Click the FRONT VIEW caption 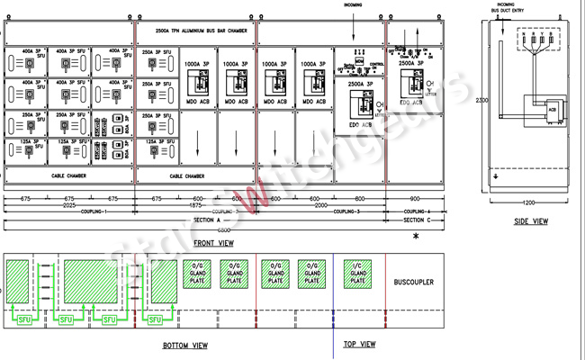pyautogui.click(x=213, y=243)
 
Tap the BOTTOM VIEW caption pyautogui.click(x=186, y=346)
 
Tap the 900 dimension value pyautogui.click(x=414, y=199)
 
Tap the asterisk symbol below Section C pyautogui.click(x=416, y=237)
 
